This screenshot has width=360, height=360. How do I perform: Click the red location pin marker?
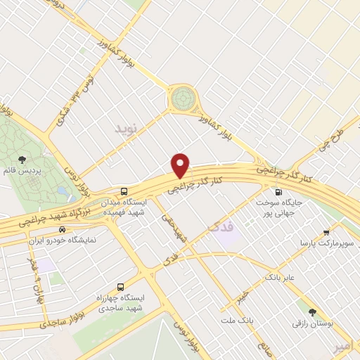pyautogui.click(x=181, y=165)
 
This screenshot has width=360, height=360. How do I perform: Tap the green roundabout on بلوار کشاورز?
pyautogui.click(x=183, y=98)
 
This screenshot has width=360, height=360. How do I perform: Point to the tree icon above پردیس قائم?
pyautogui.click(x=22, y=160)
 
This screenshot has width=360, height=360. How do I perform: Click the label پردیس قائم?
pyautogui.click(x=22, y=171)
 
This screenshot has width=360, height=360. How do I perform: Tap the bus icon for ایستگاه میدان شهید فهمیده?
pyautogui.click(x=124, y=191)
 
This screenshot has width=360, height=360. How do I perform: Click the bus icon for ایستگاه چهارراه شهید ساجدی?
pyautogui.click(x=120, y=287)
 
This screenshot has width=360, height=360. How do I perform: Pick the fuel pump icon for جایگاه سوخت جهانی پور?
pyautogui.click(x=279, y=191)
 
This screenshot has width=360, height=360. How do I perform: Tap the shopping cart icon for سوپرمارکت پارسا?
pyautogui.click(x=327, y=232)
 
